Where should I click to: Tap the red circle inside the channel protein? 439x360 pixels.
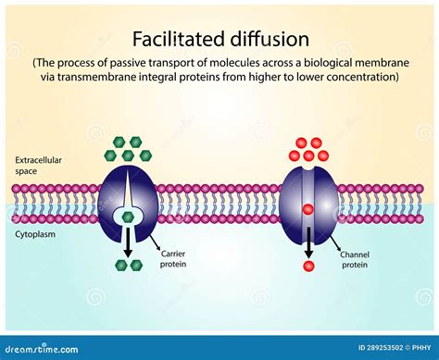click(307, 209)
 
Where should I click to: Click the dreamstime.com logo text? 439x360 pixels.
click(37, 349)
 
